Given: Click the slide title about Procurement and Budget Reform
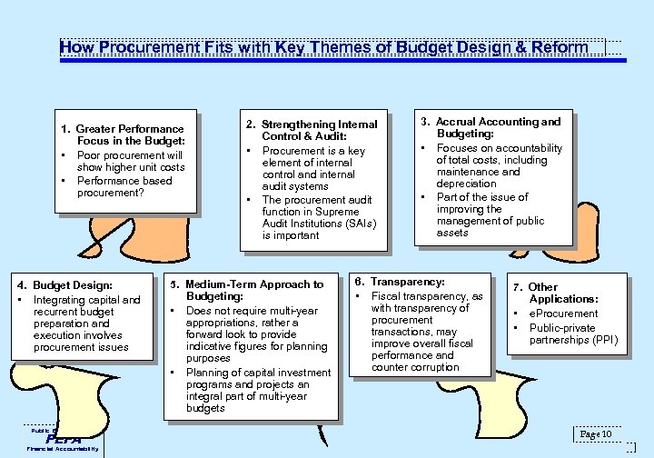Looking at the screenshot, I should click(323, 47).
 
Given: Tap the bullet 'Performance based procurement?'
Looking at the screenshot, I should click(124, 186).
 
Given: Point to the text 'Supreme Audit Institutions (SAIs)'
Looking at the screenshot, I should click(318, 223).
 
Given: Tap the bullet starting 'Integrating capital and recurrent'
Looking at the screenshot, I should click(85, 324).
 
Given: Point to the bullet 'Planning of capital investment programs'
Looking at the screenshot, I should click(256, 391).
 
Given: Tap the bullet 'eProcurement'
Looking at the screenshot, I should click(563, 314).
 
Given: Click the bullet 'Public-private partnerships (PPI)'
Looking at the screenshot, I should click(572, 334).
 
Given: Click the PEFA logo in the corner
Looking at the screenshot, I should click(64, 438).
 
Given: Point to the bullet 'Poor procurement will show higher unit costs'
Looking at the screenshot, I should click(130, 161).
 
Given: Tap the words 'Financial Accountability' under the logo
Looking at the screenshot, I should click(64, 449).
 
